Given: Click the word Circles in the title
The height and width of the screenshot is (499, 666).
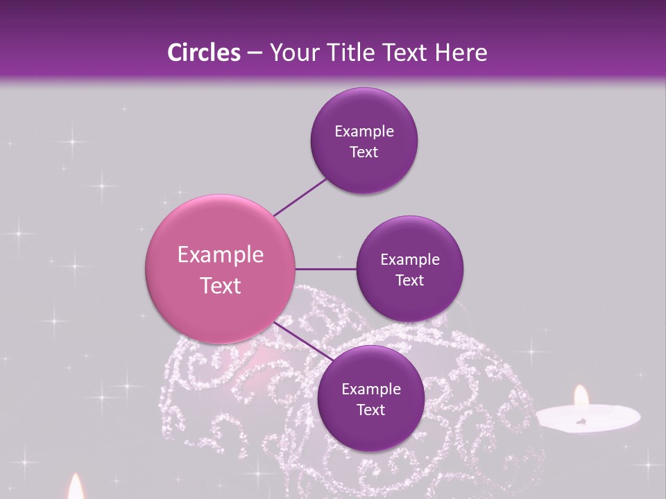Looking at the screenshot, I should [204, 53].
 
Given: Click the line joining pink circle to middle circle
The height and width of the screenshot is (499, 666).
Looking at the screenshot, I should [326, 269].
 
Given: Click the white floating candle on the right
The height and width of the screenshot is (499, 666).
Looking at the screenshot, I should [588, 418].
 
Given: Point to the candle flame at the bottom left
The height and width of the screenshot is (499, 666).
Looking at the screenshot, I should [76, 488].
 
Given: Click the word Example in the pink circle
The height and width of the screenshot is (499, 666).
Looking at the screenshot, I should [221, 255].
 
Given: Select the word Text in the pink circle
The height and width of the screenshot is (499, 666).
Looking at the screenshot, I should [221, 286].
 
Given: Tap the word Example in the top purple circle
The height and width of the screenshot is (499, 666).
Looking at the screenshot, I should [364, 132].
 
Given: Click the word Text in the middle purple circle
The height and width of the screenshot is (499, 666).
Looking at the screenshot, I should [409, 281].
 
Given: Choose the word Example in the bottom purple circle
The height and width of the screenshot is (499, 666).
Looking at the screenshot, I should [371, 389].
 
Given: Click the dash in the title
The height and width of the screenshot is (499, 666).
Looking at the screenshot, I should [255, 53].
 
